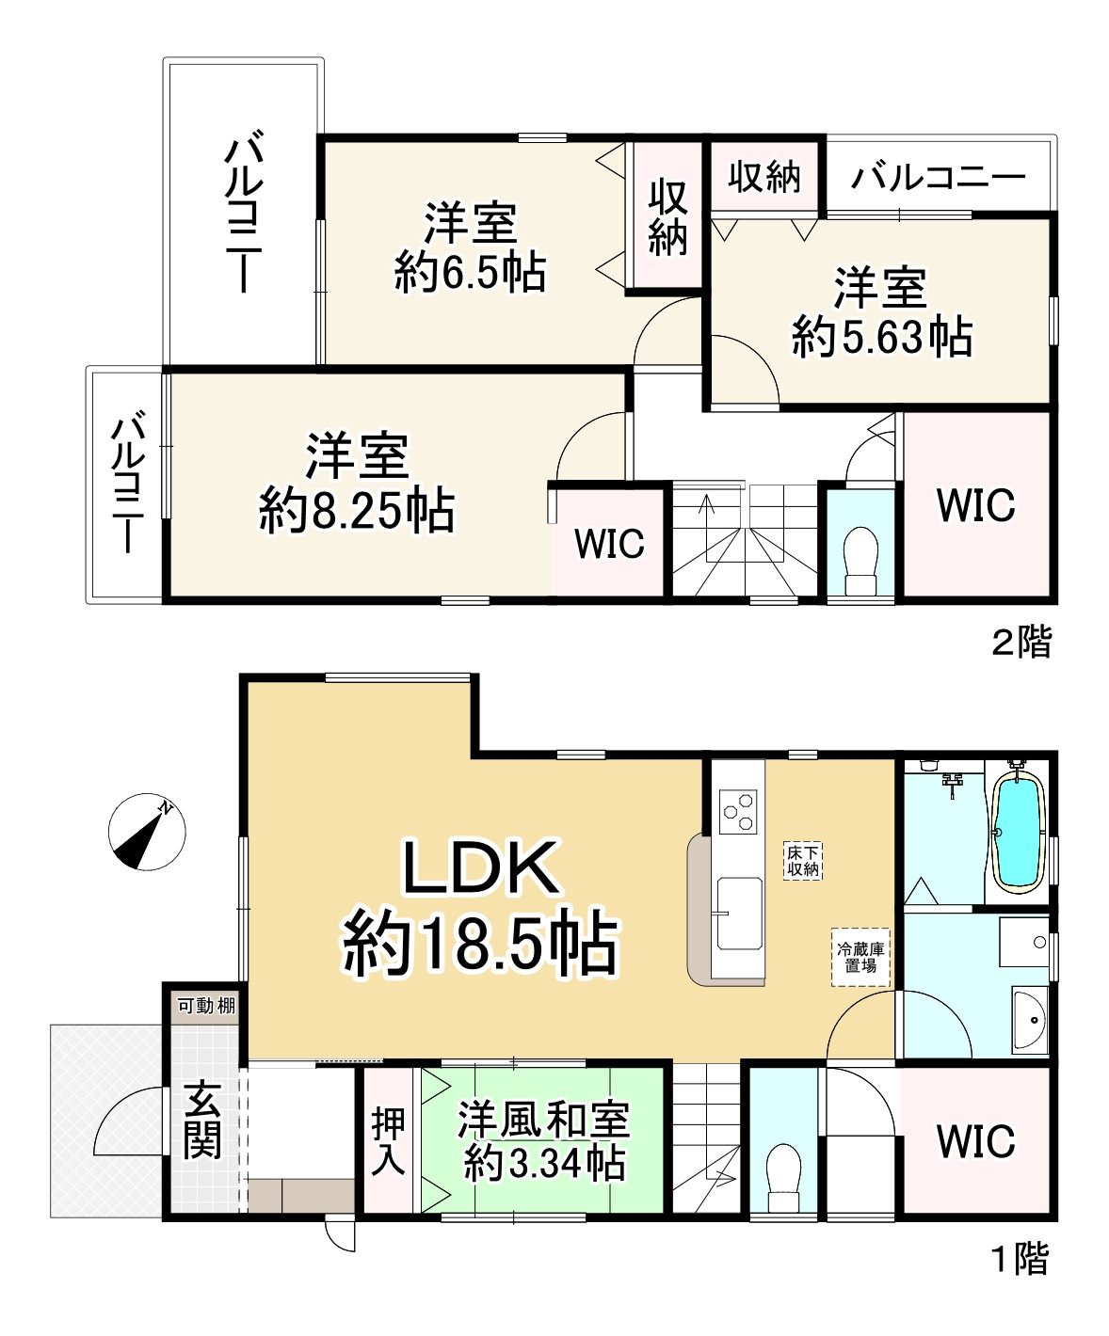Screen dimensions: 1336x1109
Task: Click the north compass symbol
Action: pyautogui.click(x=146, y=832)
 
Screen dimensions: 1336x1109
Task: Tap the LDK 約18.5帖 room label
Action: pyautogui.click(x=480, y=907)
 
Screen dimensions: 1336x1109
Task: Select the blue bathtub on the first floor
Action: pyautogui.click(x=1018, y=833)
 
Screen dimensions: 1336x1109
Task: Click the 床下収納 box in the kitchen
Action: pyautogui.click(x=803, y=861)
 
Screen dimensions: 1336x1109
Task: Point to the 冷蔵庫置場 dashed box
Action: pyautogui.click(x=860, y=958)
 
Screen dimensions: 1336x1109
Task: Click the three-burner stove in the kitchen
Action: pyautogui.click(x=738, y=811)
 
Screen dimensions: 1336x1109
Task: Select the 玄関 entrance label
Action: pyautogui.click(x=202, y=1120)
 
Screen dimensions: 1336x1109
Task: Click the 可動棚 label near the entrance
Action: pyautogui.click(x=205, y=1005)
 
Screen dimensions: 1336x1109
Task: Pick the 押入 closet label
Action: pyautogui.click(x=388, y=1140)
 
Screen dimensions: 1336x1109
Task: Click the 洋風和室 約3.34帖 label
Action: pyautogui.click(x=544, y=1141)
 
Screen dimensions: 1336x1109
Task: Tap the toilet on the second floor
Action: pyautogui.click(x=860, y=560)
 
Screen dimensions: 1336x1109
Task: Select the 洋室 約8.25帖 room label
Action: pyautogui.click(x=357, y=484)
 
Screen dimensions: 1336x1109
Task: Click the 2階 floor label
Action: pyautogui.click(x=1021, y=642)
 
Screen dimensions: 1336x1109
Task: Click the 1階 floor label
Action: pyautogui.click(x=1021, y=1259)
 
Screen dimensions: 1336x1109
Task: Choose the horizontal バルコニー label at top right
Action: pyautogui.click(x=938, y=177)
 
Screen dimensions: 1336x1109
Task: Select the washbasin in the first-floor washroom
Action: pyautogui.click(x=1030, y=1019)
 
